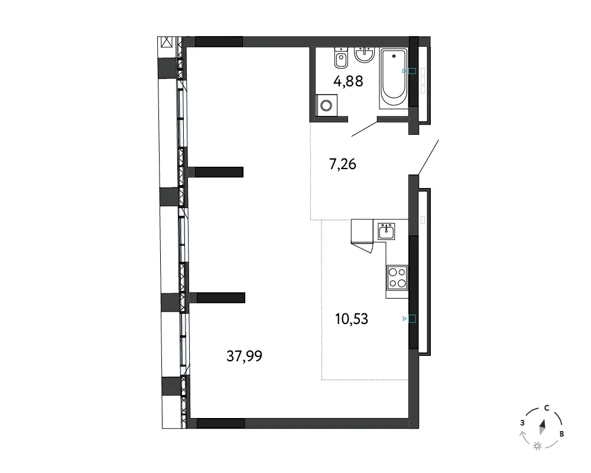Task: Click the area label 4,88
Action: click(348, 81)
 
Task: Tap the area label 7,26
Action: click(343, 164)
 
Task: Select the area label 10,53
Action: click(352, 319)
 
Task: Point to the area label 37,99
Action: click(244, 356)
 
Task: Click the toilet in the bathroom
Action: click(341, 58)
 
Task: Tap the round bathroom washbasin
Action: click(364, 54)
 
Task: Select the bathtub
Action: click(394, 79)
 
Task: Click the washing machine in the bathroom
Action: click(326, 105)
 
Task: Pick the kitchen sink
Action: click(387, 231)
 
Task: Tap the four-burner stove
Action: click(397, 277)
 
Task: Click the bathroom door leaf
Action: click(364, 129)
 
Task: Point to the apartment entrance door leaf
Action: click(428, 157)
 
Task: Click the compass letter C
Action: click(547, 408)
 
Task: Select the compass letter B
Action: click(561, 434)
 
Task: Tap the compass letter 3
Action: click(522, 423)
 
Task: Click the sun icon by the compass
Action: click(537, 446)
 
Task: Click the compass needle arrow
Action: click(543, 427)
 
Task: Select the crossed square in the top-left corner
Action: click(166, 42)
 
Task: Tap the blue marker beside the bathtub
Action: click(410, 71)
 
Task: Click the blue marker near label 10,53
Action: click(410, 319)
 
